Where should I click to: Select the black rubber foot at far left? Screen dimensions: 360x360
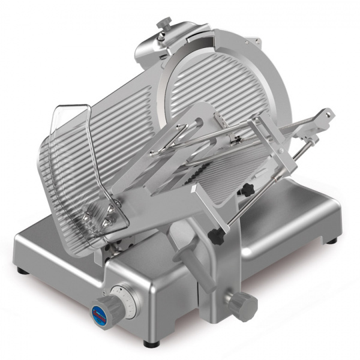coord(22,271)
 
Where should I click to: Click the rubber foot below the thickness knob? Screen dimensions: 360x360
coord(148,344)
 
